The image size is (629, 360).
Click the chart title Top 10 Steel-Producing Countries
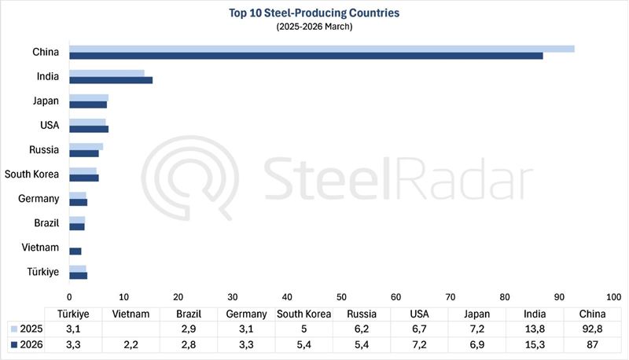[x=314, y=13]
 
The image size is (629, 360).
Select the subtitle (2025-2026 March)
[x=314, y=26]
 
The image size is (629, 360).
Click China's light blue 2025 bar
[x=322, y=49]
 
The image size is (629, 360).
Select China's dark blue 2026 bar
[x=306, y=56]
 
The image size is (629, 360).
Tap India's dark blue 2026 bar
[x=111, y=80]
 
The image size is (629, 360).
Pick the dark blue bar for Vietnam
[x=75, y=251]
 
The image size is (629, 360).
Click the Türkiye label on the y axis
[x=45, y=271]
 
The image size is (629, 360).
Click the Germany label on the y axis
[x=39, y=199]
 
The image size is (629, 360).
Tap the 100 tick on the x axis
[x=613, y=297]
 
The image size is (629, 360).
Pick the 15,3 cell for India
[x=535, y=344]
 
